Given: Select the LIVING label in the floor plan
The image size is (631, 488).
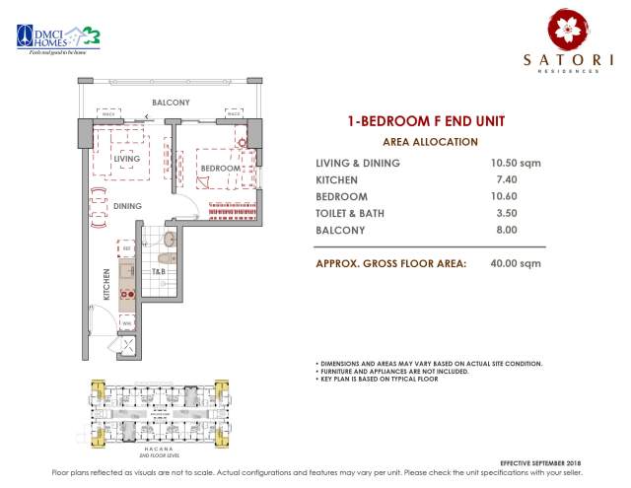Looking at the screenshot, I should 125,158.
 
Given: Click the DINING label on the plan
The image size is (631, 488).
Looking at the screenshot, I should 125,206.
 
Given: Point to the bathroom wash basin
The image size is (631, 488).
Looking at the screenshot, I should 170,239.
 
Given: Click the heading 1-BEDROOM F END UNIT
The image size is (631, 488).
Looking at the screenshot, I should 425,122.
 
